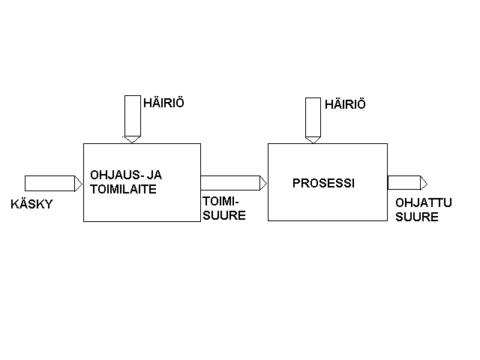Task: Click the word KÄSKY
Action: (x=31, y=204)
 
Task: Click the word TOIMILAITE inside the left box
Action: (x=122, y=190)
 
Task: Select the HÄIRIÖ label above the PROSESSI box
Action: (x=345, y=105)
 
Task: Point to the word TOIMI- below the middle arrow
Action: (x=219, y=200)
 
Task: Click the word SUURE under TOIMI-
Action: (x=220, y=214)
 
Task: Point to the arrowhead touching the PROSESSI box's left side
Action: (x=263, y=182)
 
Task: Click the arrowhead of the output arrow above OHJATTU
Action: (x=424, y=182)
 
